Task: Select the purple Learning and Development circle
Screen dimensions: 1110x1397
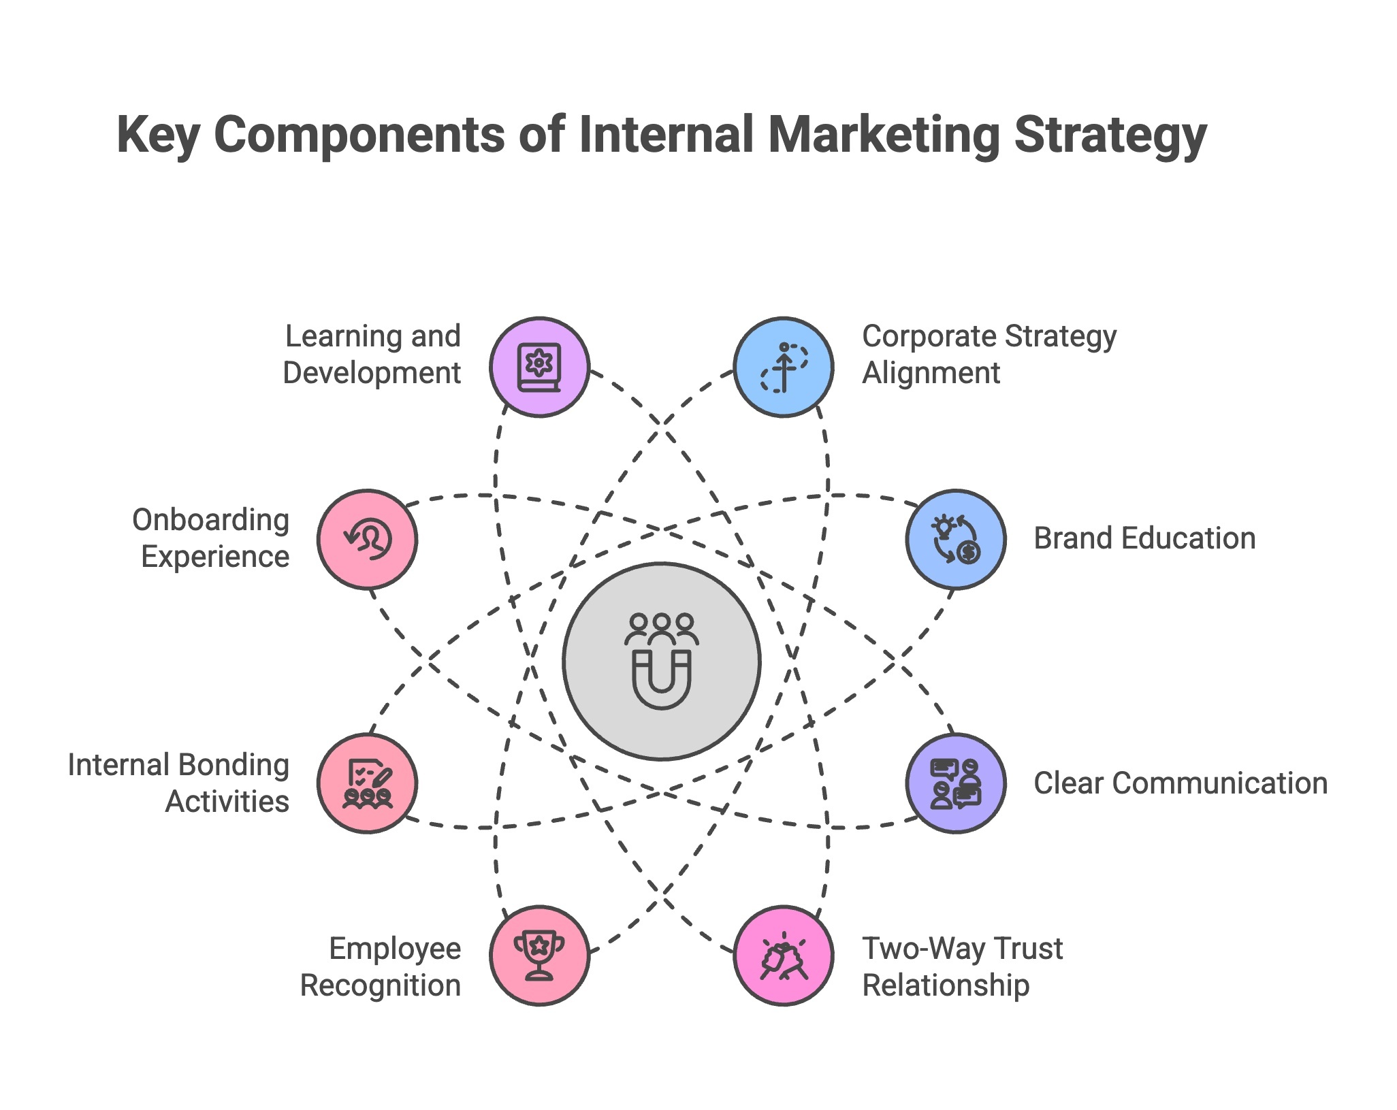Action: pyautogui.click(x=539, y=367)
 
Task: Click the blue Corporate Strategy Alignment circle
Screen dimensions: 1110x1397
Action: pyautogui.click(x=784, y=367)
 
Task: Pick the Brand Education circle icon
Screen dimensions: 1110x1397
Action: pyautogui.click(x=956, y=539)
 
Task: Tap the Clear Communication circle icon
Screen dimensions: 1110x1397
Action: pyautogui.click(x=956, y=783)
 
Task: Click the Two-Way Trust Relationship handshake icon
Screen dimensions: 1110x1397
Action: pyautogui.click(x=784, y=956)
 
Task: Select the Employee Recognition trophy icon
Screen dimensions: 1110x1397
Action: pyautogui.click(x=539, y=956)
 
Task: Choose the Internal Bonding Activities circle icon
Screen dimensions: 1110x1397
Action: pyautogui.click(x=367, y=783)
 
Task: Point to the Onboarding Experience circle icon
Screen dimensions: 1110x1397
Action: pyautogui.click(x=367, y=539)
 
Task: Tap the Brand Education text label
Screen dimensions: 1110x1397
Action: pyautogui.click(x=1144, y=538)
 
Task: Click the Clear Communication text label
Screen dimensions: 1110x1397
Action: pyautogui.click(x=1181, y=783)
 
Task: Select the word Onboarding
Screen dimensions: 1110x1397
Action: pyautogui.click(x=211, y=521)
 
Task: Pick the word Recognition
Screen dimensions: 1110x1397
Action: pyautogui.click(x=381, y=985)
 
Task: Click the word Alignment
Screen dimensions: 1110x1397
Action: pyautogui.click(x=931, y=374)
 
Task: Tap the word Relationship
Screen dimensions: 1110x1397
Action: pyautogui.click(x=946, y=985)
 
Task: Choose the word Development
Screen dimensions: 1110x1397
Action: pyautogui.click(x=372, y=374)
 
